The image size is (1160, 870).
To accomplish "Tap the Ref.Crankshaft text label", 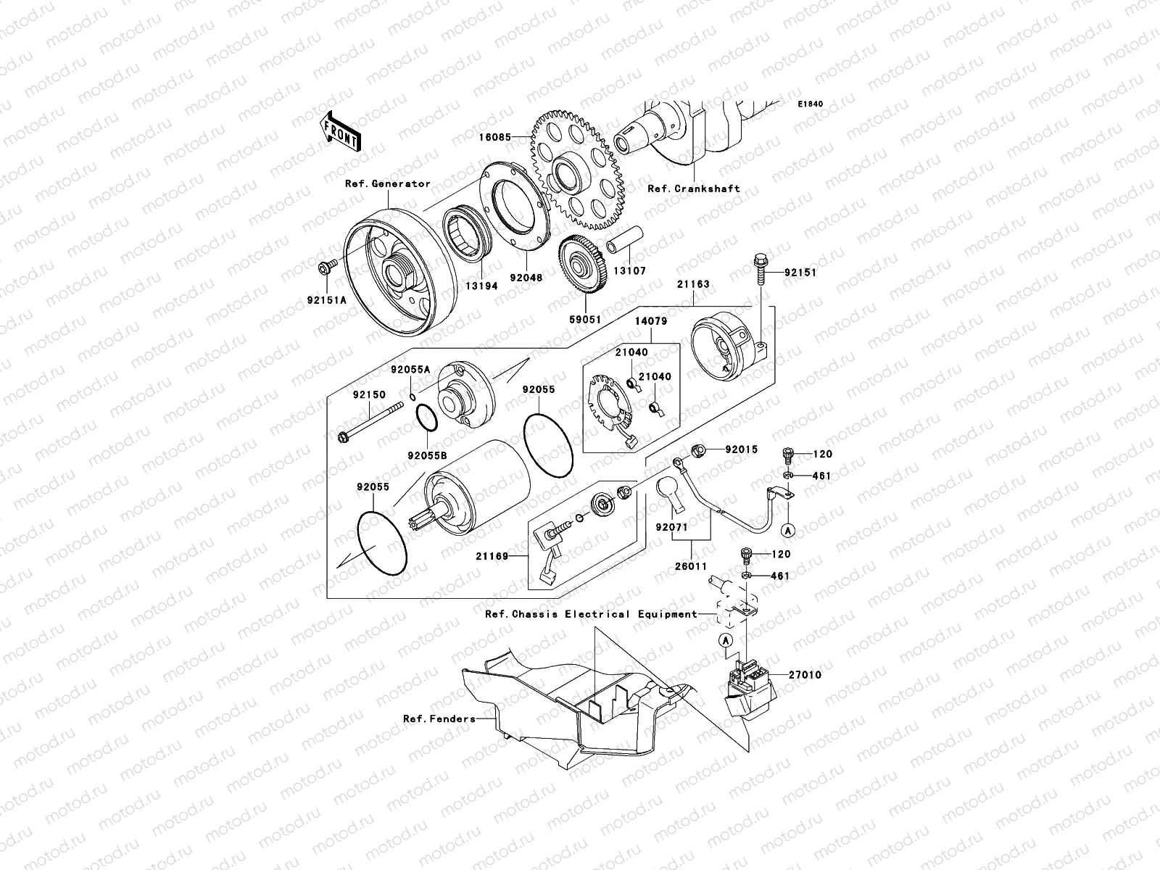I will pos(693,188).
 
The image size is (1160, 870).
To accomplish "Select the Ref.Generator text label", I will pos(387,184).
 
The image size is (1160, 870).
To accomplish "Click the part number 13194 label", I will pos(481,286).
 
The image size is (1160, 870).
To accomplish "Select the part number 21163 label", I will pos(693,285).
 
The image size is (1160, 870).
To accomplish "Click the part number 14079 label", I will pos(652,320).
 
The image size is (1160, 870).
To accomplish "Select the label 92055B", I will pos(427,455).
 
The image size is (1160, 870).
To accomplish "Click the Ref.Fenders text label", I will pos(439,719).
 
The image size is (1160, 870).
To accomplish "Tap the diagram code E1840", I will pos(811,104).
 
